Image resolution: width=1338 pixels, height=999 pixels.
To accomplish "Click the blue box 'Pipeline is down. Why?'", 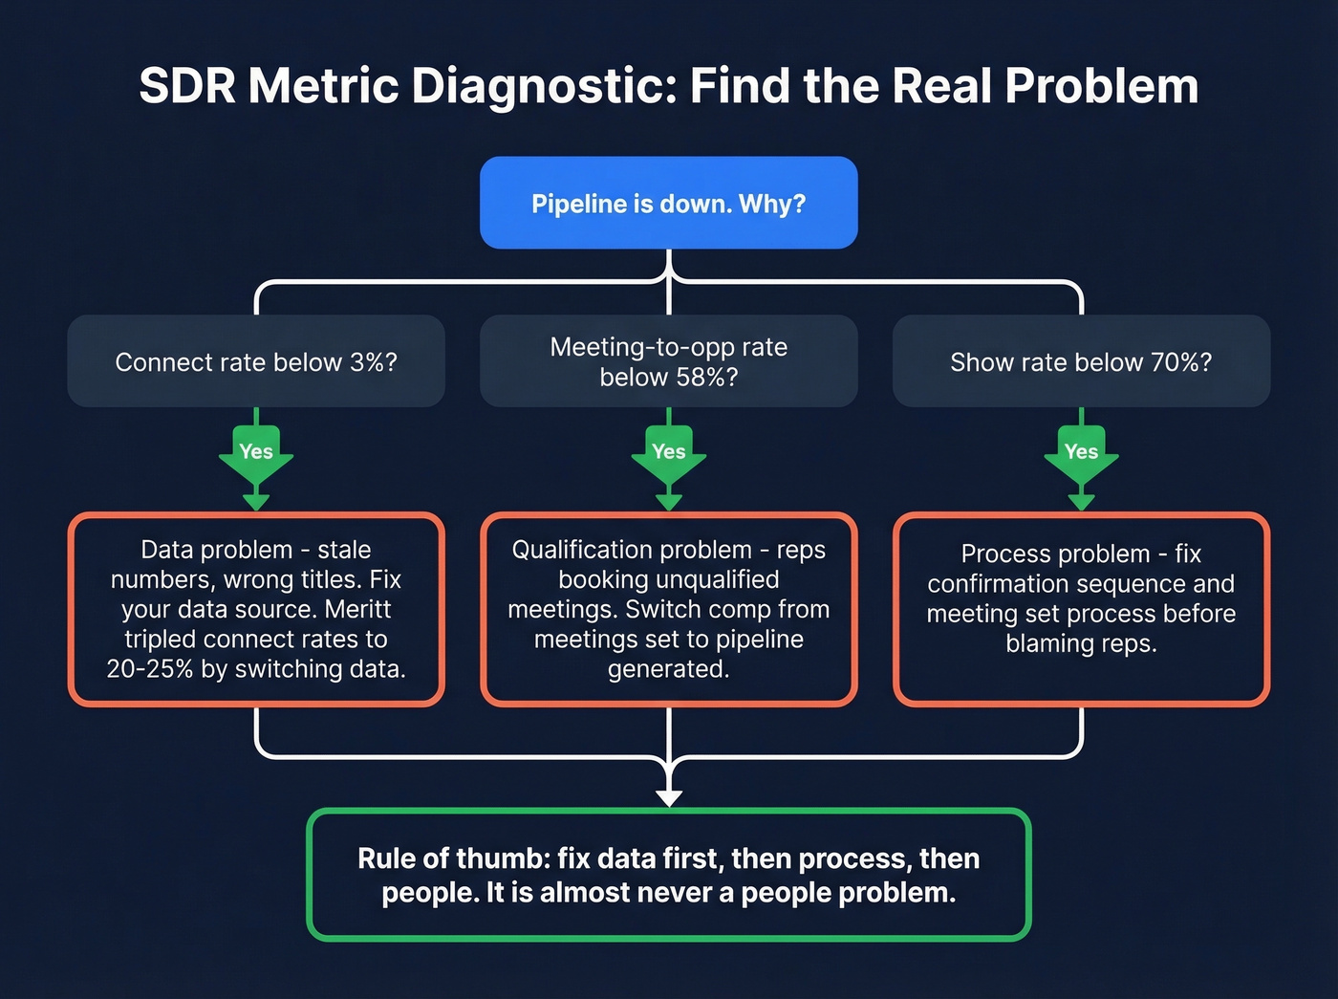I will (668, 203).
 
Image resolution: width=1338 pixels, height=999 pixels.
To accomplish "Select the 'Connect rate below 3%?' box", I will (255, 361).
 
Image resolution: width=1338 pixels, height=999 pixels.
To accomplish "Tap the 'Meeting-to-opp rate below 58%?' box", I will (668, 361).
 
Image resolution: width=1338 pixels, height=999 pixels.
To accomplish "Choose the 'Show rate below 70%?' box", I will (1081, 361).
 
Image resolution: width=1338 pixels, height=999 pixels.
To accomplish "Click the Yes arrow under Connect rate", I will (256, 454).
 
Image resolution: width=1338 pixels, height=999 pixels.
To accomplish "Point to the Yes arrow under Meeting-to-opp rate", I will (669, 454).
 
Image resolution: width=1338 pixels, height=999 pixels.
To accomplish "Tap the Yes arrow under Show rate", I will (1081, 454).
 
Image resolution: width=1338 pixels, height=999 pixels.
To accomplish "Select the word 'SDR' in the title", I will (186, 86).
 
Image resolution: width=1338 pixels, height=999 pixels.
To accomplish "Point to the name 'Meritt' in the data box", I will (357, 609).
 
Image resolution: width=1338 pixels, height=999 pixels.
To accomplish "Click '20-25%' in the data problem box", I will (150, 668).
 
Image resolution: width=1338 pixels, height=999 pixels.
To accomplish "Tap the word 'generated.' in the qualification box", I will (668, 668).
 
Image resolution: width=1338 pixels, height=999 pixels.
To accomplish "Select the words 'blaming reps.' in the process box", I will (1081, 643).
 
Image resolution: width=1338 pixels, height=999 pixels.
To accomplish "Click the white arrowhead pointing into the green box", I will (669, 796).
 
